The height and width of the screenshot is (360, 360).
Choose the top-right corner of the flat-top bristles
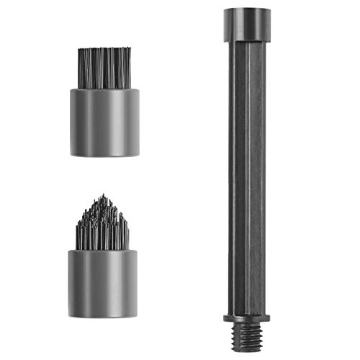[130, 49]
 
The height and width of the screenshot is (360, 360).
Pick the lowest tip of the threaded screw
[247, 351]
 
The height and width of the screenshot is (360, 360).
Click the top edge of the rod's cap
[247, 9]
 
